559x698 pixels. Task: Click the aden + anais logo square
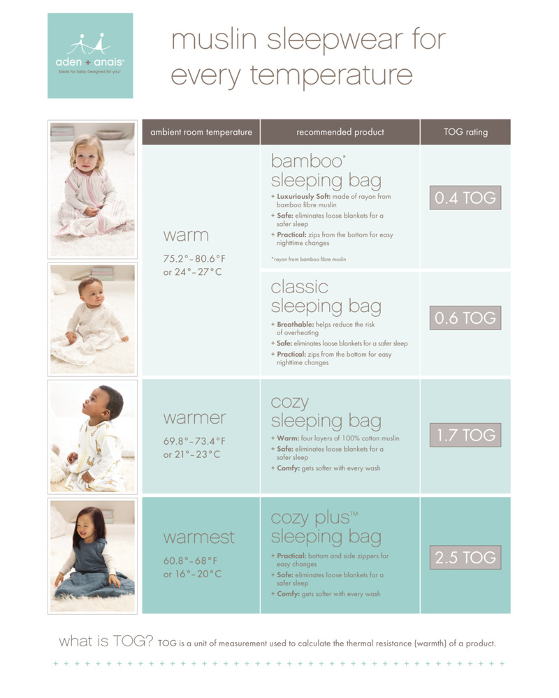pyautogui.click(x=90, y=56)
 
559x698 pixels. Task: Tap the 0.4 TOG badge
pyautogui.click(x=465, y=198)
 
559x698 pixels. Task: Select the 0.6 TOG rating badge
pyautogui.click(x=465, y=318)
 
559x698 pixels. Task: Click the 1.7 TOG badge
pyautogui.click(x=465, y=435)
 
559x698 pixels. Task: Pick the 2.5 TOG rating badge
pyautogui.click(x=465, y=557)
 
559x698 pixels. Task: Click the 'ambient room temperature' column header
pyautogui.click(x=201, y=132)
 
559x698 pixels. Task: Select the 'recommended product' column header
pyautogui.click(x=340, y=132)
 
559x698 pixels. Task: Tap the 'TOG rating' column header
pyautogui.click(x=465, y=132)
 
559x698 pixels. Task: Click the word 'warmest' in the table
pyautogui.click(x=199, y=537)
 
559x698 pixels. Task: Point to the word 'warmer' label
pyautogui.click(x=195, y=418)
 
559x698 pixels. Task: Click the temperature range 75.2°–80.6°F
pyautogui.click(x=194, y=259)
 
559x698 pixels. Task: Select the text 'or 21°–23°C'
pyautogui.click(x=191, y=454)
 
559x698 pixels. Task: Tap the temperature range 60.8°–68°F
pyautogui.click(x=190, y=561)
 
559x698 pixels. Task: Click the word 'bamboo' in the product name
pyautogui.click(x=307, y=161)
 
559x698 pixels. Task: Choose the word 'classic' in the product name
pyautogui.click(x=300, y=287)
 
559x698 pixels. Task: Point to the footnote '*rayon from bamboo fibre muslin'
pyautogui.click(x=308, y=259)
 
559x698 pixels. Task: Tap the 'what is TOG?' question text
pyautogui.click(x=106, y=641)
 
